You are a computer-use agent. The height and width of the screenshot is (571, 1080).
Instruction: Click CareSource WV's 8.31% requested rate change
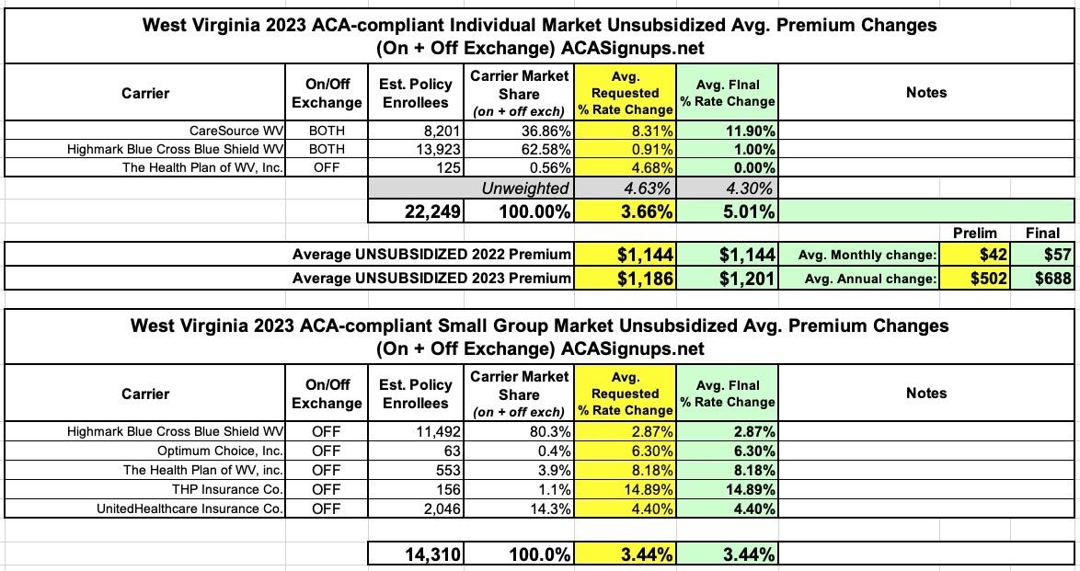(626, 131)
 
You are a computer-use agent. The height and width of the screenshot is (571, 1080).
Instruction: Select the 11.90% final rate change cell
(727, 131)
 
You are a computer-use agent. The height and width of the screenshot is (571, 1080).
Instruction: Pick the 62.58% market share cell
(520, 149)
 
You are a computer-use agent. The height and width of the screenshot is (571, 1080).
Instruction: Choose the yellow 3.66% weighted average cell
(626, 211)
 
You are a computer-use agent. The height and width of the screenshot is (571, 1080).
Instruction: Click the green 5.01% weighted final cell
(727, 211)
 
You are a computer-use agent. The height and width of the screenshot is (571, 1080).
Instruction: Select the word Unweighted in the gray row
(525, 188)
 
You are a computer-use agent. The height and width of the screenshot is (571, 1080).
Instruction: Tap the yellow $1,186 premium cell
(626, 277)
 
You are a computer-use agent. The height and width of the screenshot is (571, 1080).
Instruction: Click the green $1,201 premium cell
(727, 277)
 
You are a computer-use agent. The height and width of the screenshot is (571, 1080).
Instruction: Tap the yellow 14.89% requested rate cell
(626, 489)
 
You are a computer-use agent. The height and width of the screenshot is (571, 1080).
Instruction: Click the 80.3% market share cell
(520, 431)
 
